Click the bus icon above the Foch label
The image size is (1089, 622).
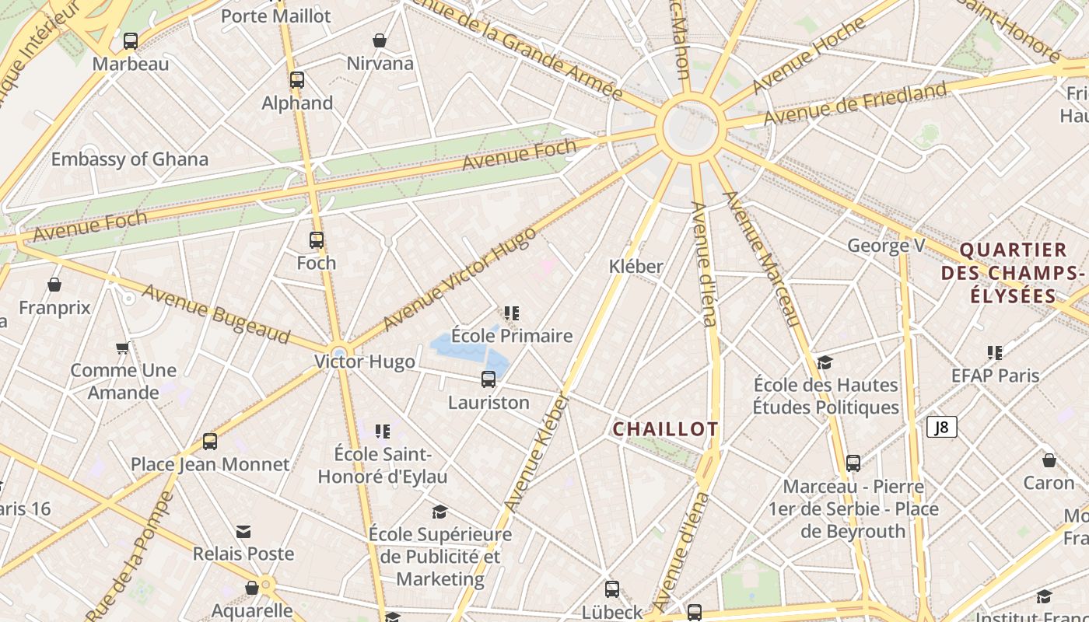316,240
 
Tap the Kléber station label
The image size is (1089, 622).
636,266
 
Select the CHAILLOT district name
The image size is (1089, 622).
665,429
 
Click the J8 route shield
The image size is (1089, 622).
941,427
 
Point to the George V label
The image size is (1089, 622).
885,246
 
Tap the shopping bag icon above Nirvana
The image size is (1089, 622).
380,40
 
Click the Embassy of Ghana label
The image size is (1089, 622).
130,159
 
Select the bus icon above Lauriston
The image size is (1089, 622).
488,379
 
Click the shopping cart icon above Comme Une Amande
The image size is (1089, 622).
122,348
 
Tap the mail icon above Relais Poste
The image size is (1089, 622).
243,532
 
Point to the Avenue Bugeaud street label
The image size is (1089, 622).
216,314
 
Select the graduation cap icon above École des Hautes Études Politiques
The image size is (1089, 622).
825,362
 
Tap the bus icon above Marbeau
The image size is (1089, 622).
131,40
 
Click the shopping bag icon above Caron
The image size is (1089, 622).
1049,460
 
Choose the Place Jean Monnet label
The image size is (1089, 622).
210,464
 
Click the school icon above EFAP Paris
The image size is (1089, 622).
995,353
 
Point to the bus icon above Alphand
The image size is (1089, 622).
296,79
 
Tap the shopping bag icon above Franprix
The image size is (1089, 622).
54,285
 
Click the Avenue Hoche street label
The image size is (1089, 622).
808,54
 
